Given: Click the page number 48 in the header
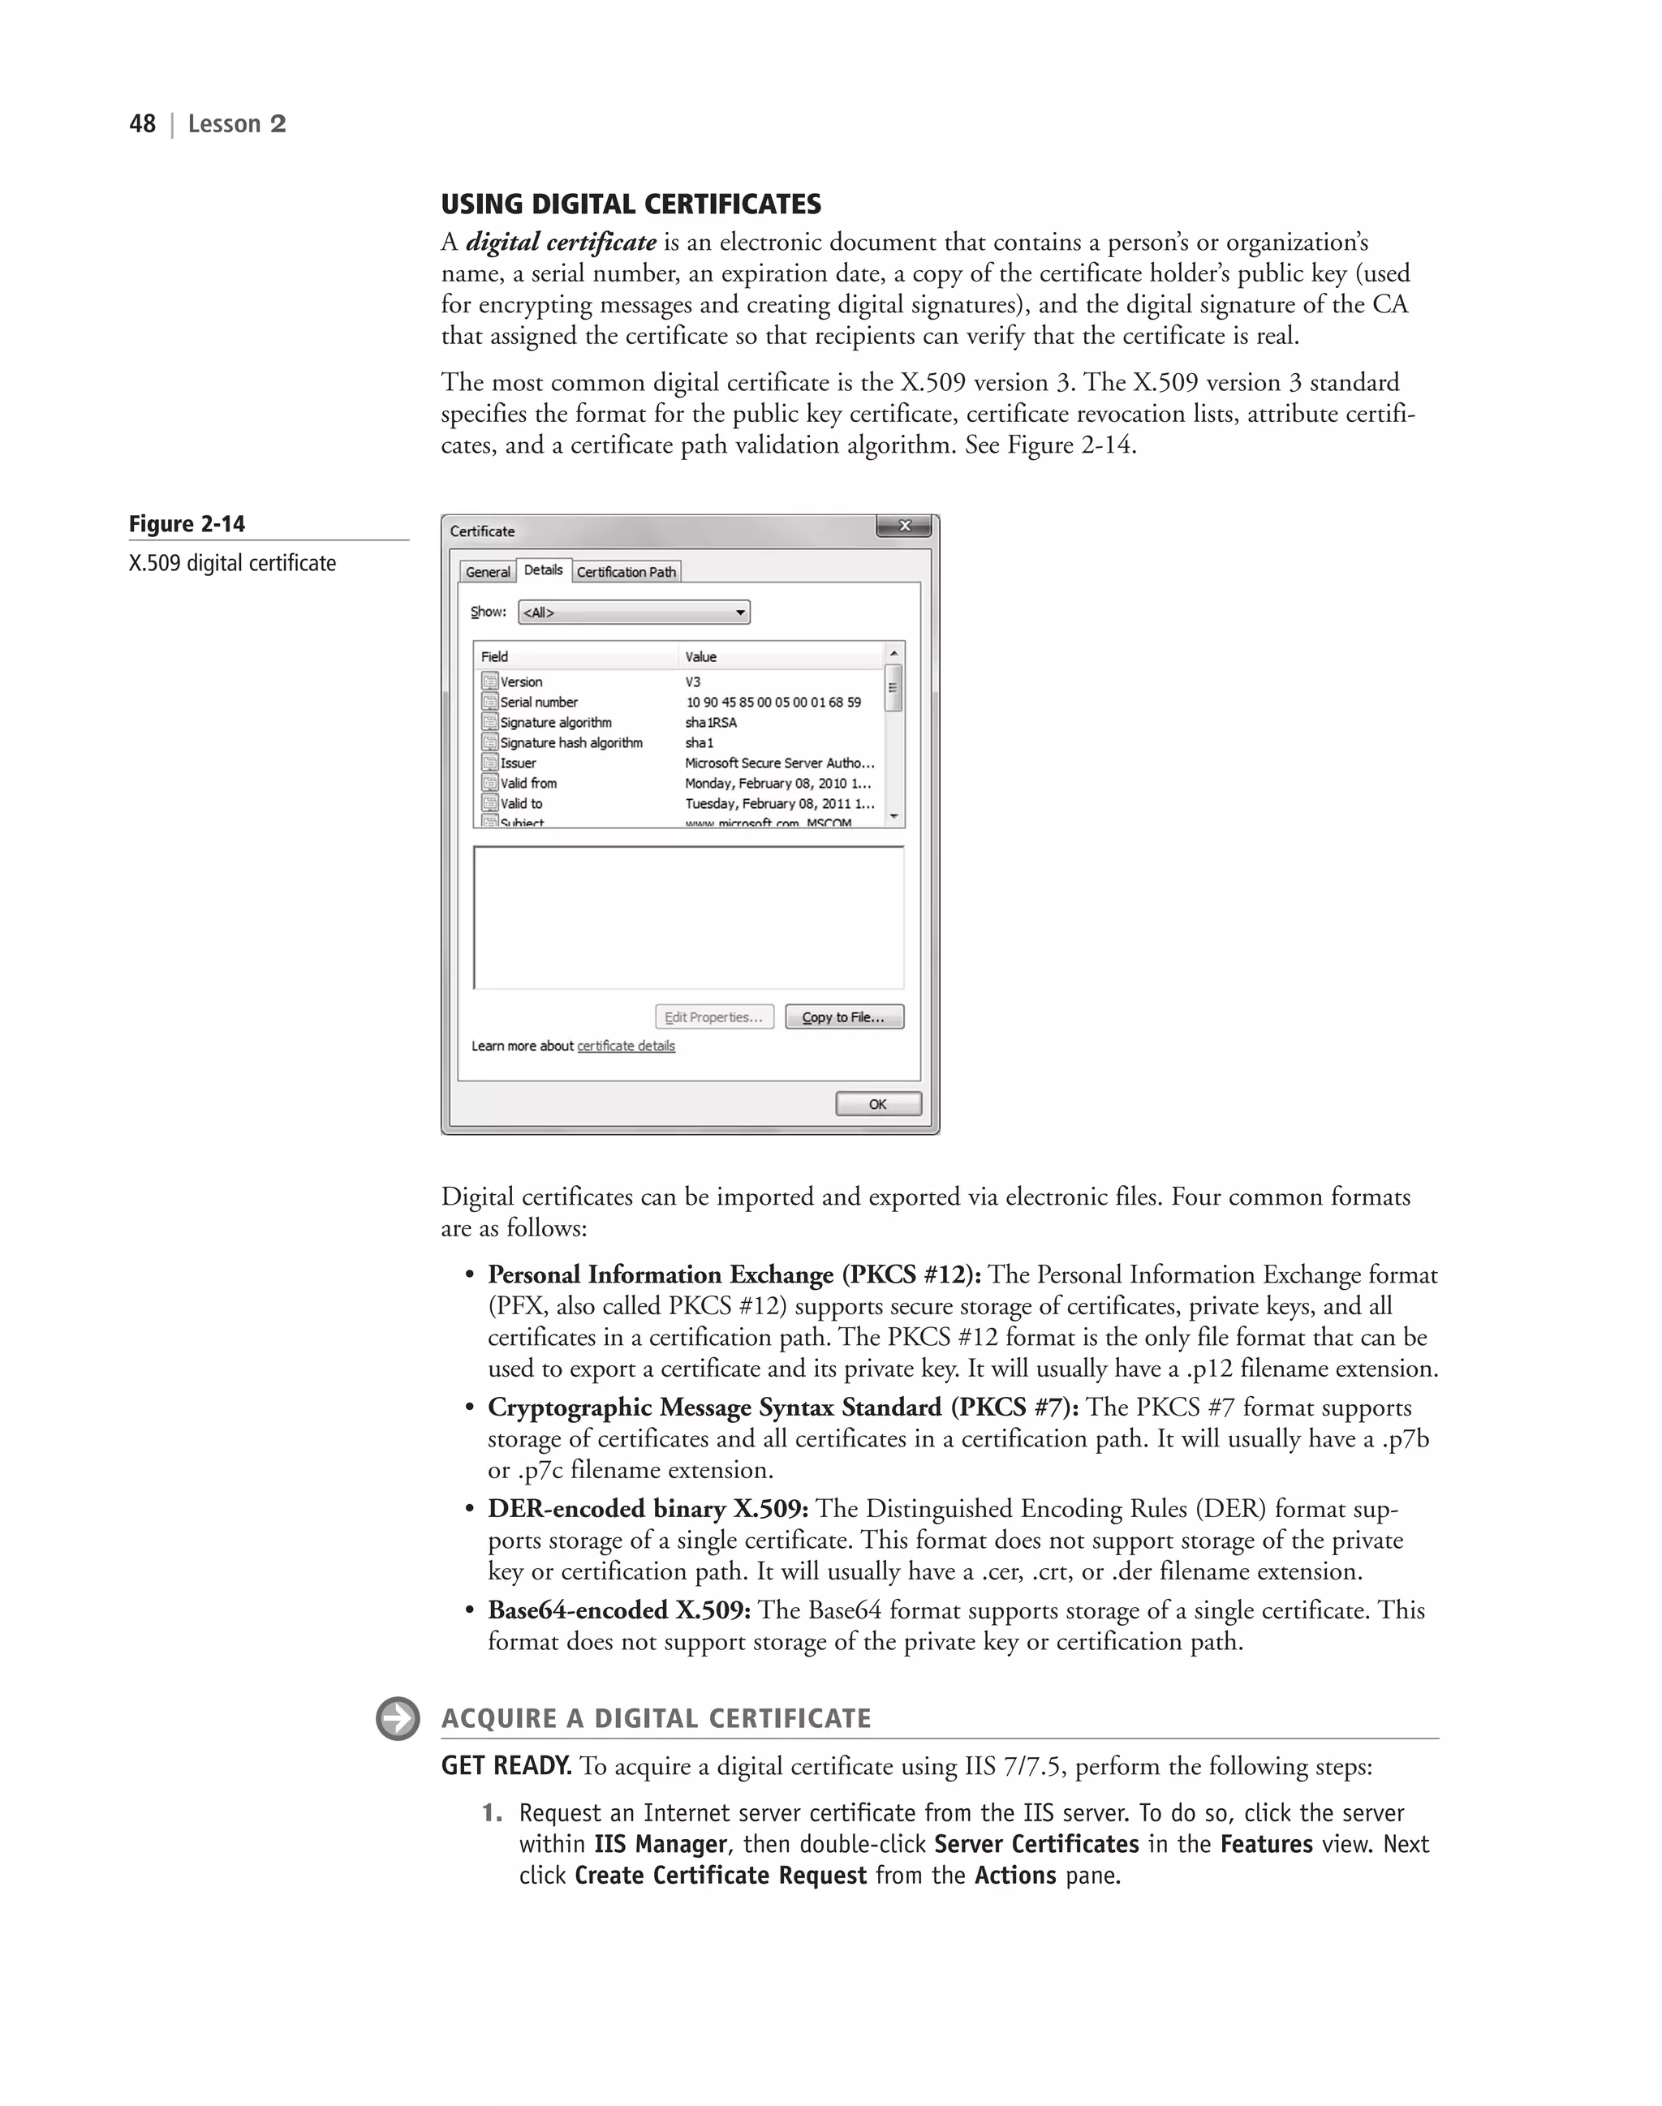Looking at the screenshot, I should tap(142, 123).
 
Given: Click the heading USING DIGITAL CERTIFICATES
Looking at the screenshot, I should tap(631, 204).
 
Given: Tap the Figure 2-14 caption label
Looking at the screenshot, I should tap(187, 524).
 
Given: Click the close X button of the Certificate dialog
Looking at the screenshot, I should tap(903, 526).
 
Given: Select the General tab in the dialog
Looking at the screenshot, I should tap(488, 572).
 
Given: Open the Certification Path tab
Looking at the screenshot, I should tap(626, 572).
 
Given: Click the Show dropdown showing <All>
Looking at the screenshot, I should tap(634, 612).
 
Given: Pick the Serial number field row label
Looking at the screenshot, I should tap(538, 703).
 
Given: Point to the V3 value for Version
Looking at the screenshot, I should tap(693, 682).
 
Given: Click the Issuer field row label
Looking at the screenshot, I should tap(518, 763).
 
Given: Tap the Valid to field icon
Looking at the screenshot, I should tap(489, 803).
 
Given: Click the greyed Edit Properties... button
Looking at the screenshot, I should tap(714, 1017).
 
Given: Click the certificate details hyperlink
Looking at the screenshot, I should tap(626, 1046).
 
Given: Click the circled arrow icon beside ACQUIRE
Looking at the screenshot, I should tap(397, 1719).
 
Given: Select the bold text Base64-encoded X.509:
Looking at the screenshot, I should tap(619, 1611).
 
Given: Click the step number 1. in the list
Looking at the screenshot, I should tap(493, 1813).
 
